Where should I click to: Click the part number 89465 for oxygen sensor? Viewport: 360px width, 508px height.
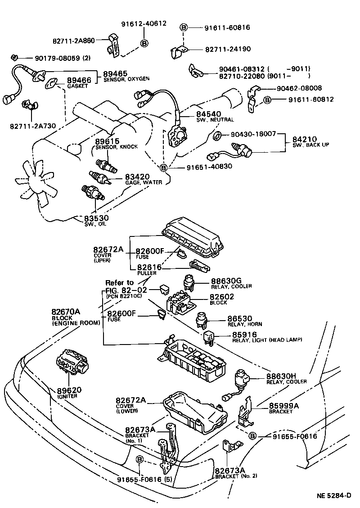115,73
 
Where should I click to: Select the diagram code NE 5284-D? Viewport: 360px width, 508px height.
333,495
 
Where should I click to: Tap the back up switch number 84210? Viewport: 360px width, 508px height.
305,140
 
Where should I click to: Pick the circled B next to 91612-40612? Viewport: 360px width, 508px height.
144,43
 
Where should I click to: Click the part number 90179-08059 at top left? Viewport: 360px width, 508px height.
50,58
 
